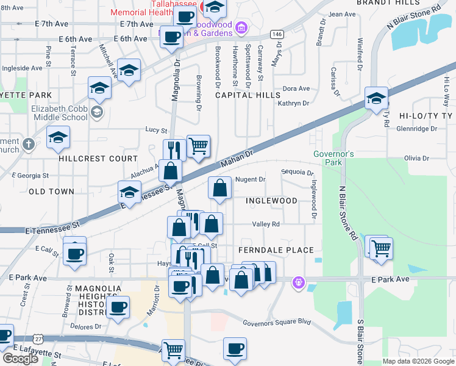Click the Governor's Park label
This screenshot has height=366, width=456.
[x=333, y=159]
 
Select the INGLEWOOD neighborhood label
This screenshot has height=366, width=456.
[x=271, y=201]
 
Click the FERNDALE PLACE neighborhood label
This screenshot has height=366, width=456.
[x=276, y=250]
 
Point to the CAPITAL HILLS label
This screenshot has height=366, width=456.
[x=248, y=95]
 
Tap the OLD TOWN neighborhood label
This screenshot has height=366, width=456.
[x=51, y=192]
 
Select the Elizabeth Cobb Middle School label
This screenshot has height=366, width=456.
[x=59, y=113]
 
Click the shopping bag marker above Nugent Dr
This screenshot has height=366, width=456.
[x=219, y=188]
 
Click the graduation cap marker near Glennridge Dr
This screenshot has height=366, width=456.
[x=376, y=98]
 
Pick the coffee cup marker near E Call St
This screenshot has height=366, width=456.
[x=75, y=253]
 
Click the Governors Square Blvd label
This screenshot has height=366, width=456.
[x=277, y=323]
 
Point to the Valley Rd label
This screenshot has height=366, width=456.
[x=266, y=224]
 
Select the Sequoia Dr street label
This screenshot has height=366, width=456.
[x=297, y=173]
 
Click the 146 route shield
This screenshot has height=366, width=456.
[x=277, y=34]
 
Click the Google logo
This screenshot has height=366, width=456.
[x=20, y=359]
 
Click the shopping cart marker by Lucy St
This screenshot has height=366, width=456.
[x=198, y=146]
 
